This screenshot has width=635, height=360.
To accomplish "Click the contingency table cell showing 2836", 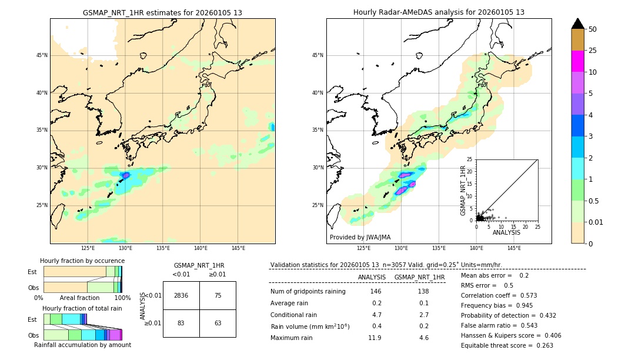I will tap(181, 295).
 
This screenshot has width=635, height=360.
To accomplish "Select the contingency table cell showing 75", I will tap(218, 295).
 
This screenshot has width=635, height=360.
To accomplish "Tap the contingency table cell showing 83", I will tap(181, 323).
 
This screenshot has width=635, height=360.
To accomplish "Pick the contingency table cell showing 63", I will tap(218, 323).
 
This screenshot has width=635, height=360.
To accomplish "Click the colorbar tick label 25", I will tap(593, 51).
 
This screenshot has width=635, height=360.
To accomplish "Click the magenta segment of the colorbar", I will tap(578, 61).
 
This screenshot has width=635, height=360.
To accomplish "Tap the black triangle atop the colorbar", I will tap(578, 24).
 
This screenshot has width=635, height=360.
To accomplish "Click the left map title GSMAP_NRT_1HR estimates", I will tap(162, 12).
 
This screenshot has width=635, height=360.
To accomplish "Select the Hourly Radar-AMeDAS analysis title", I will tap(439, 12).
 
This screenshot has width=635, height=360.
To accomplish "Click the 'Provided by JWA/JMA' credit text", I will tap(360, 237).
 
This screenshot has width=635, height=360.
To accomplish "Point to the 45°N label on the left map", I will tap(42, 55).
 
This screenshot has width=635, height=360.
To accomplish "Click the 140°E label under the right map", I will tap(476, 248).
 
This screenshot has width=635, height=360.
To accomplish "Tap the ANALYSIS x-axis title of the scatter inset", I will tap(507, 232).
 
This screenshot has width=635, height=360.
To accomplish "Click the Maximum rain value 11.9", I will tap(375, 338).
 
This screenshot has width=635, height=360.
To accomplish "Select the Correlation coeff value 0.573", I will tap(524, 295).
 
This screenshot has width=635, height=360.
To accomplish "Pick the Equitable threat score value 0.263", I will tap(540, 345).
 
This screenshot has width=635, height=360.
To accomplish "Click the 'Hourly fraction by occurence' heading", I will tap(82, 261).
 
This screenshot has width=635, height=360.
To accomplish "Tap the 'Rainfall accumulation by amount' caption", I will tap(82, 345).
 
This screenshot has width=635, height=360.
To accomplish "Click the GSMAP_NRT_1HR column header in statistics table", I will tap(419, 277).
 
